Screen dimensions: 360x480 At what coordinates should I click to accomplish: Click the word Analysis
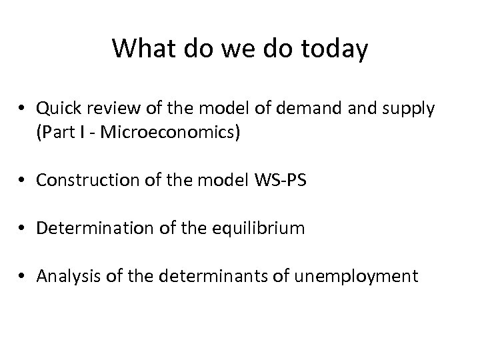[65, 277]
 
